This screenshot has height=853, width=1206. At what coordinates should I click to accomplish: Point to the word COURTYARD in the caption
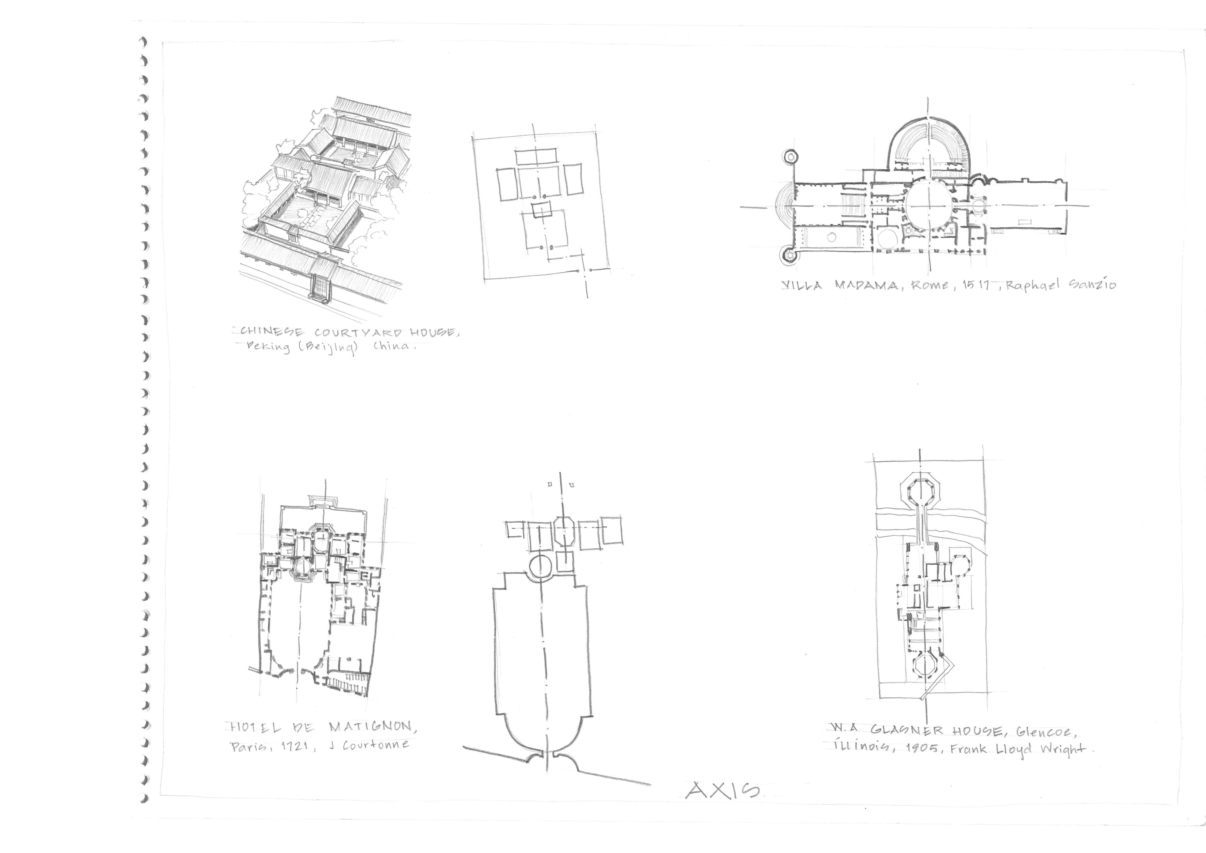[358, 333]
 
